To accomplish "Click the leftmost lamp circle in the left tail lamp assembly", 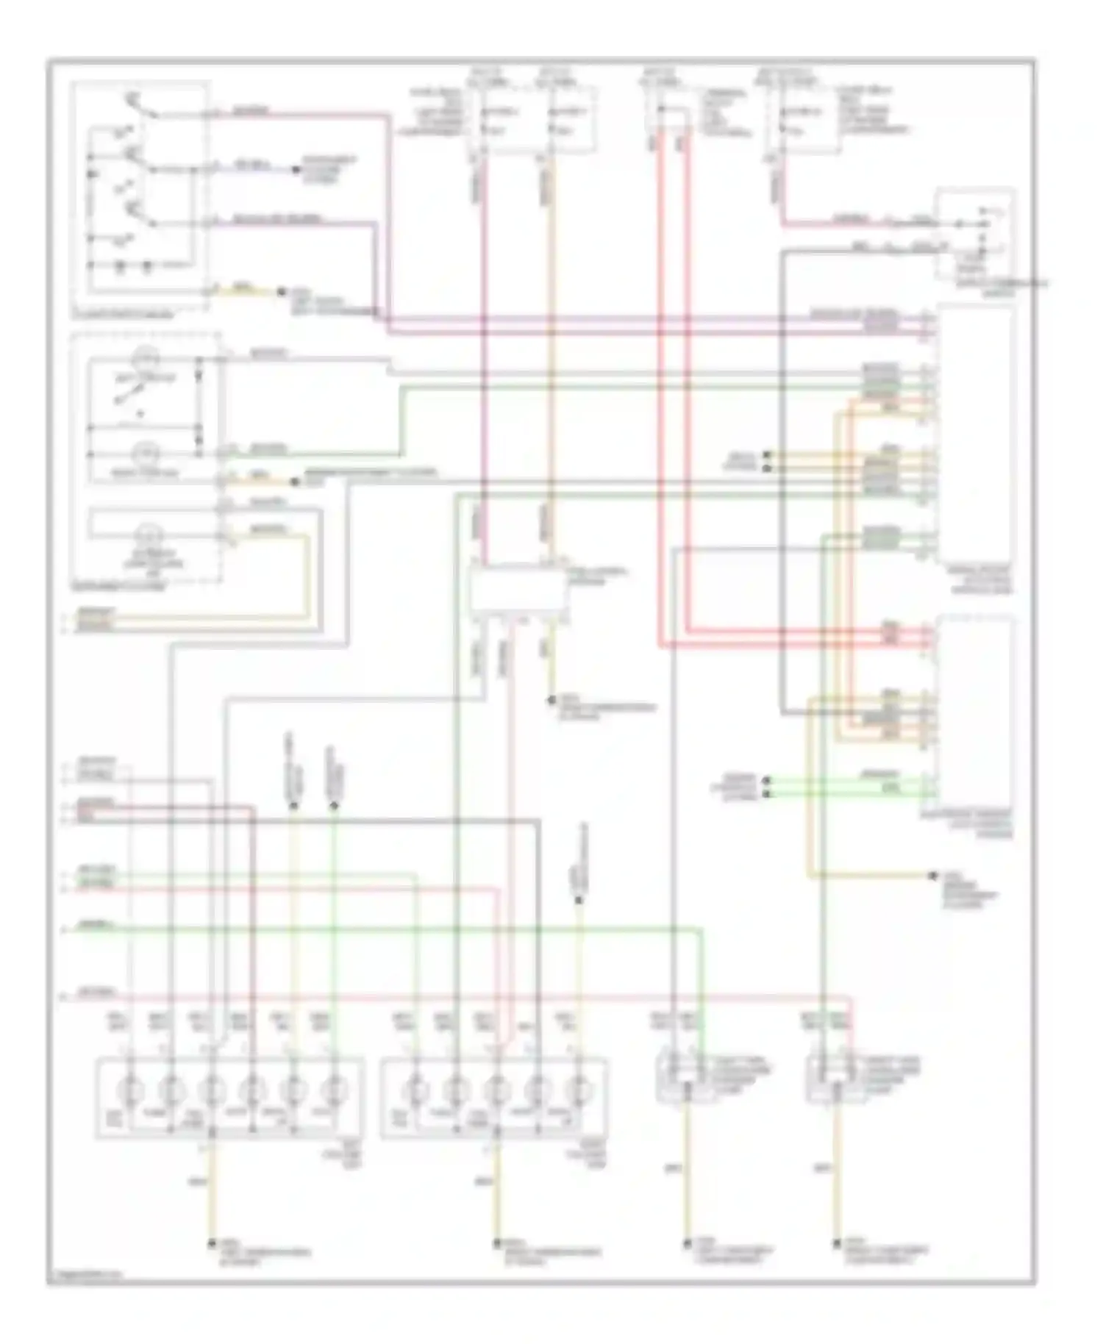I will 130,1087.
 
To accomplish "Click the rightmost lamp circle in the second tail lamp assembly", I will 579,1087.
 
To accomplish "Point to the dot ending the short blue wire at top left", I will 296,170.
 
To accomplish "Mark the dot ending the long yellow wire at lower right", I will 932,876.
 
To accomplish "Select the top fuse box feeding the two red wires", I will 670,110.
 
